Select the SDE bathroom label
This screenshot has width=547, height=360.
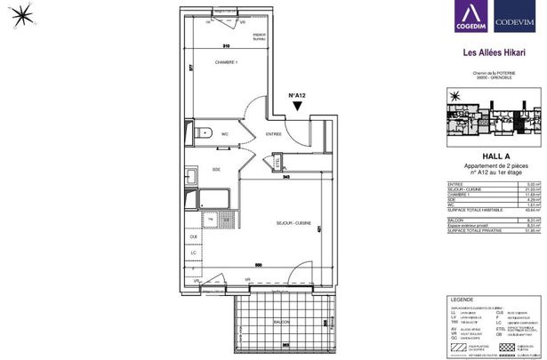[215, 170]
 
